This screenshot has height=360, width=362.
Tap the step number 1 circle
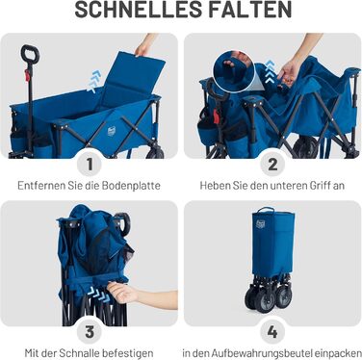(90, 164)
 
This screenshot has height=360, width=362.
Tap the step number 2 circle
(272, 164)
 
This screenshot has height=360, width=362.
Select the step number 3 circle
(90, 331)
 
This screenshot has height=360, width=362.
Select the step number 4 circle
(272, 331)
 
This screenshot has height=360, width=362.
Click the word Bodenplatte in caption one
(131, 186)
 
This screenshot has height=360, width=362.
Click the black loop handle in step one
(30, 55)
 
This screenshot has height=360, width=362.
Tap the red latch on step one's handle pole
(27, 75)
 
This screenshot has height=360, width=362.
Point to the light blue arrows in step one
(94, 82)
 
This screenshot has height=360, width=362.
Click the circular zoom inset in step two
(234, 70)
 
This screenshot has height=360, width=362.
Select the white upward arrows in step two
(271, 71)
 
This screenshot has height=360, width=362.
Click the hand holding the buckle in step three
(123, 292)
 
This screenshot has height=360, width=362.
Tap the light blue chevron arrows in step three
(98, 294)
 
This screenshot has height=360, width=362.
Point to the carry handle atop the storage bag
(266, 210)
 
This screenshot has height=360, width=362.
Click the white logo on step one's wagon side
(111, 130)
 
